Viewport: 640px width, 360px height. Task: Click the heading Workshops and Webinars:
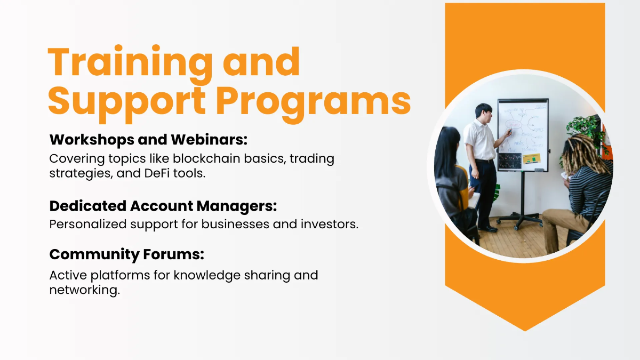pos(148,140)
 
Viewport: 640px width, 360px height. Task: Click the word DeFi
pos(157,173)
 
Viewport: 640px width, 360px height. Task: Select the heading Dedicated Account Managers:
pos(163,206)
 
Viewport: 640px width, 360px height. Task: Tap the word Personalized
pos(88,225)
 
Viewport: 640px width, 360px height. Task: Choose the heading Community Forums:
pos(126,254)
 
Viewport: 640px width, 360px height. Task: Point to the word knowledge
pos(207,276)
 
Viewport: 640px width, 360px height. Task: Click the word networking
pos(85,290)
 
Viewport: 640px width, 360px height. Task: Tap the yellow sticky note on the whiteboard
pos(531,158)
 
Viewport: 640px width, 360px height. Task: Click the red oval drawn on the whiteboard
pos(514,125)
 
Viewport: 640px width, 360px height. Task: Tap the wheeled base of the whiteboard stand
pos(519,220)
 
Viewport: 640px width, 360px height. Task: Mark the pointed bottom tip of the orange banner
pos(525,331)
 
